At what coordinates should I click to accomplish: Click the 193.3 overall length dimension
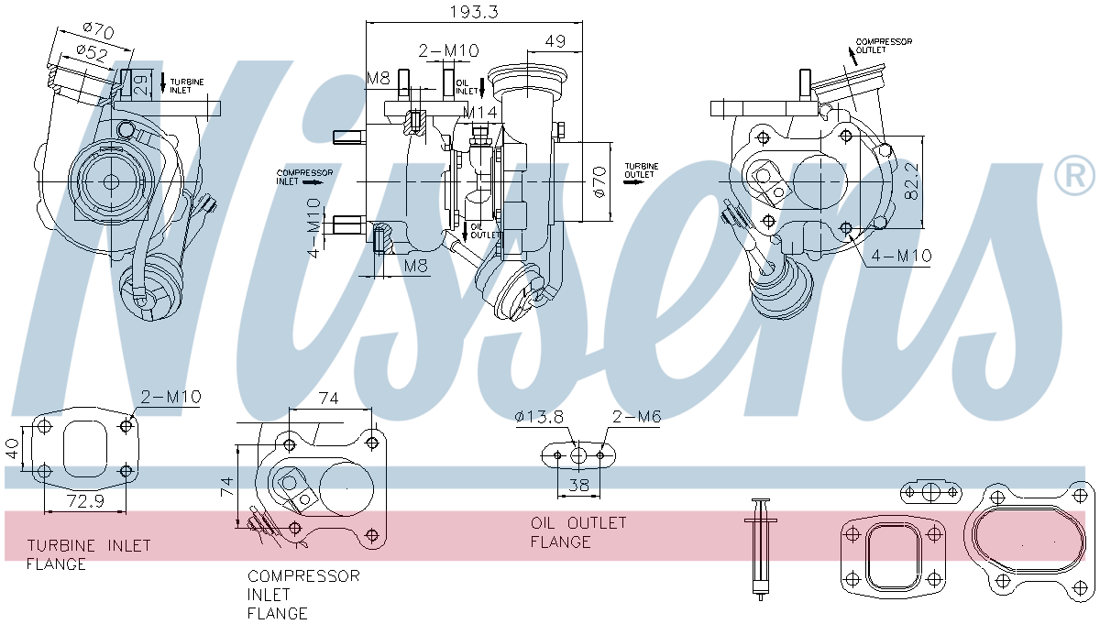click(475, 12)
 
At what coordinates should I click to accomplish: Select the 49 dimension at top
click(555, 41)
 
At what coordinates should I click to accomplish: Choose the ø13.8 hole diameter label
click(538, 417)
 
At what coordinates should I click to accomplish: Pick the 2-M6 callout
click(637, 417)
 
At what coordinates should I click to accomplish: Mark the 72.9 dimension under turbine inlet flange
click(85, 501)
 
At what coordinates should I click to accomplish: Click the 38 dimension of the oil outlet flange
click(578, 486)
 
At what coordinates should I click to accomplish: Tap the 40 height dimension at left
click(12, 448)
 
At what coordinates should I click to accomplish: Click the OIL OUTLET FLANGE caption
click(578, 532)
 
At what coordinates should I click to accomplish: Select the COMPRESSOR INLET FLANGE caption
click(303, 595)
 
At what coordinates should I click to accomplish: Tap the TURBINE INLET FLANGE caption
click(88, 554)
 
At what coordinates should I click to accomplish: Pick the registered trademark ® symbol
click(1073, 176)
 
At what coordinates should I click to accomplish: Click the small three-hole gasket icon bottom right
click(930, 492)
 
